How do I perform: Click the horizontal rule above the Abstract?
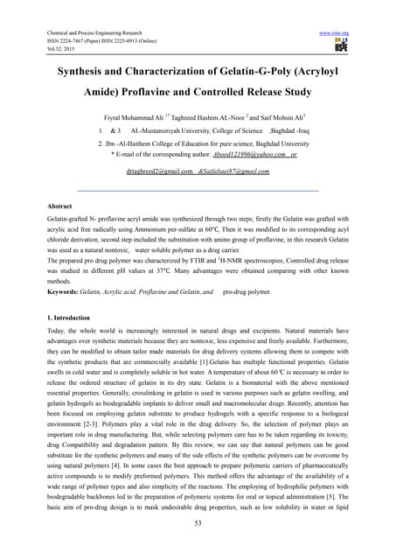[x=198, y=190]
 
